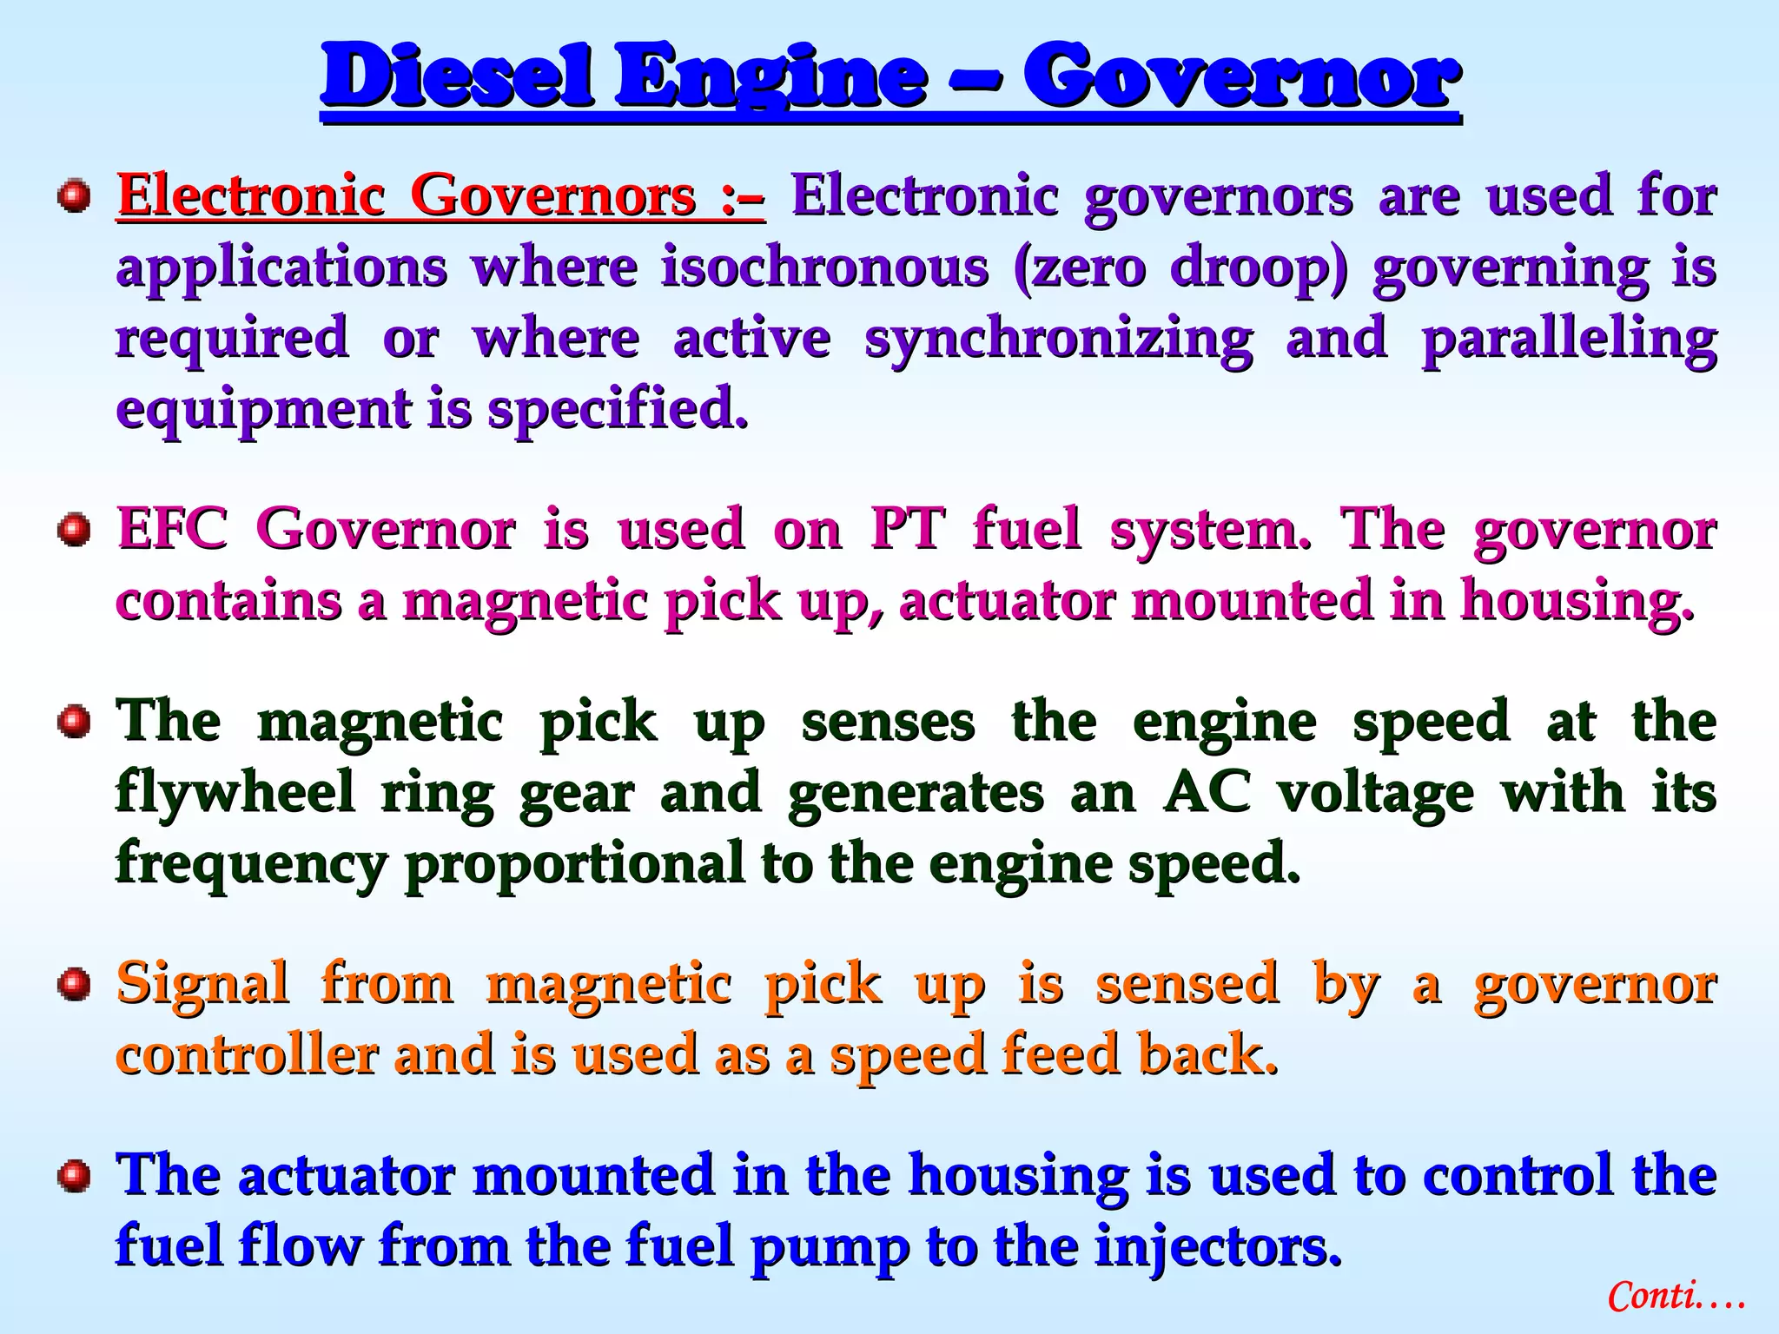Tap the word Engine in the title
(x=770, y=78)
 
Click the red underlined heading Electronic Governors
(x=440, y=195)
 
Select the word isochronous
(x=824, y=267)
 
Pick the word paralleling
(x=1569, y=339)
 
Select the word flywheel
(x=235, y=793)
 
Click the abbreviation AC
(x=1208, y=792)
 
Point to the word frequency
(x=252, y=864)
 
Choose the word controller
(x=248, y=1054)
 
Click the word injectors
(x=1218, y=1245)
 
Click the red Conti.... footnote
(x=1675, y=1297)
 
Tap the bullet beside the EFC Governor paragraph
(x=75, y=530)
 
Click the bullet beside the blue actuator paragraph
(x=75, y=1176)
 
